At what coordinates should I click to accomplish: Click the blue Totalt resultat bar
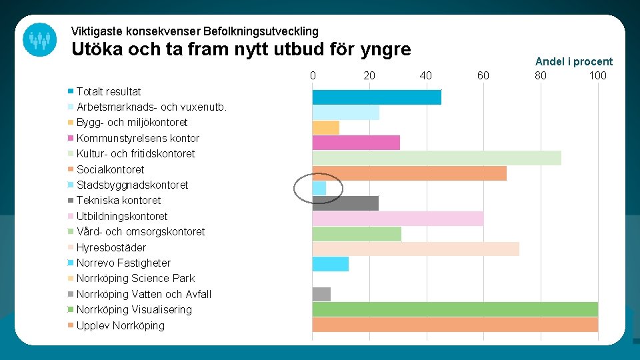pos(377,97)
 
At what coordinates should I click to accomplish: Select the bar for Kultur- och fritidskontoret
pos(437,158)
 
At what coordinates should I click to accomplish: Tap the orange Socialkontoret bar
pos(409,173)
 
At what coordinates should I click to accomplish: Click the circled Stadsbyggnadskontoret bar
pos(319,189)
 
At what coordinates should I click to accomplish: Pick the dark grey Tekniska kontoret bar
pos(345,203)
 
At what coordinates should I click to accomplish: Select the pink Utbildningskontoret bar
pos(398,219)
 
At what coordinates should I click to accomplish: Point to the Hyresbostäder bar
pos(415,249)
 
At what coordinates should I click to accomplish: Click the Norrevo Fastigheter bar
pos(331,264)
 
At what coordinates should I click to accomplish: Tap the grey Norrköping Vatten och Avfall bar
pos(321,294)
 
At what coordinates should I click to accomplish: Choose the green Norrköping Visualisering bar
pos(455,309)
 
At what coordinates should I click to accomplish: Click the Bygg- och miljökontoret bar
pos(326,127)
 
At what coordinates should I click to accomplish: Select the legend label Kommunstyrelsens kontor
pos(137,138)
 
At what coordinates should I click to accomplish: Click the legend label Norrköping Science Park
pos(135,278)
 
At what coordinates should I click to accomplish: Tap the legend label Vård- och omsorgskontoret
pos(141,231)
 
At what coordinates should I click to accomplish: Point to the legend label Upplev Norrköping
pos(120,325)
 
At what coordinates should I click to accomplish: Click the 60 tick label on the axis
pos(483,75)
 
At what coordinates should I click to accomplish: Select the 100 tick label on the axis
pos(597,75)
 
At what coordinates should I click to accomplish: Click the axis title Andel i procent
pos(573,61)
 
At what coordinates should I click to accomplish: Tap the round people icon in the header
pos(39,39)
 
